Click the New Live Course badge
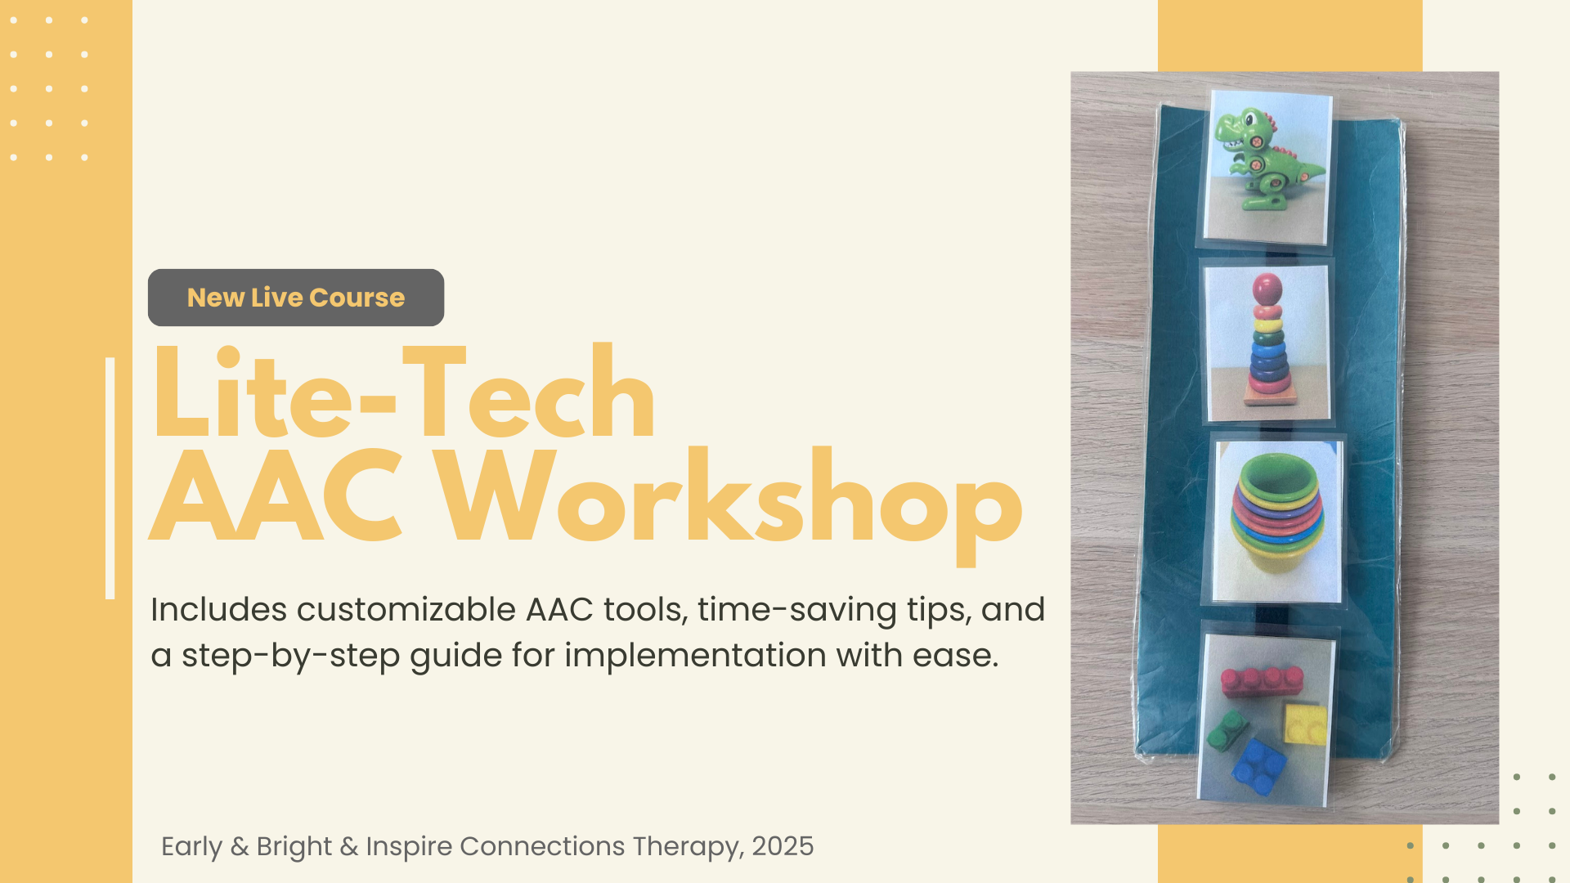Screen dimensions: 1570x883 click(x=296, y=298)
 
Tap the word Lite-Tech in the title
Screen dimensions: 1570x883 click(x=404, y=392)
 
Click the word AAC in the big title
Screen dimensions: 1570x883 click(x=276, y=495)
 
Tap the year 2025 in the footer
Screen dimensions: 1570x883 click(x=783, y=846)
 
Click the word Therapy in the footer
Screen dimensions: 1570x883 click(x=688, y=847)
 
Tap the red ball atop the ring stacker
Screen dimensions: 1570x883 click(x=1267, y=289)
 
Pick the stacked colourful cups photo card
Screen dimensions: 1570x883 click(x=1277, y=521)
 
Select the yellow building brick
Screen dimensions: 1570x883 click(x=1304, y=724)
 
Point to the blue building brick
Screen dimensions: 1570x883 click(x=1258, y=767)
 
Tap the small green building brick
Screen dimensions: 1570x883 click(x=1227, y=730)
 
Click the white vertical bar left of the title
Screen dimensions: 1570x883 click(x=110, y=478)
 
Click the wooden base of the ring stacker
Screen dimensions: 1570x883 click(x=1270, y=396)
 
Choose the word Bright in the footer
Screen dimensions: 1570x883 click(x=294, y=847)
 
